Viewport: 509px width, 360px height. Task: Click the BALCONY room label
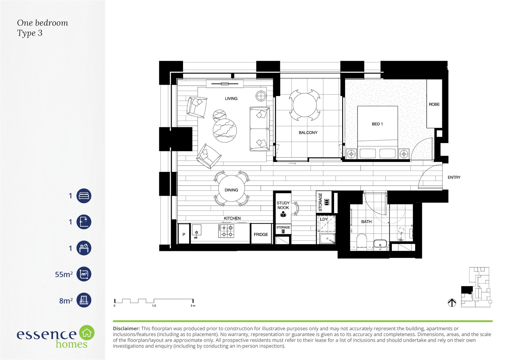[308, 133]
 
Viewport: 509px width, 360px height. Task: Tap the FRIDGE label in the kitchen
[261, 235]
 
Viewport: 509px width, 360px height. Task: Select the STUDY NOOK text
[283, 205]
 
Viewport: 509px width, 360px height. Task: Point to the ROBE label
[434, 105]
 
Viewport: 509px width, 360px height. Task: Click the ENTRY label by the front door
[454, 177]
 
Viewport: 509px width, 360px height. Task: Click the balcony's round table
[305, 105]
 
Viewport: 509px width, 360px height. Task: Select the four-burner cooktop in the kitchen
[226, 231]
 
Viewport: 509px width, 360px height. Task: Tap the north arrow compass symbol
[452, 303]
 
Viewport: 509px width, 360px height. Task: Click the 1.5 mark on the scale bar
[154, 306]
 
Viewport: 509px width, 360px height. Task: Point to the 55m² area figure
[64, 274]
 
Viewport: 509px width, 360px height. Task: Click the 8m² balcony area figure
[66, 300]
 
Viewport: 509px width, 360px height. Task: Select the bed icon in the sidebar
[84, 196]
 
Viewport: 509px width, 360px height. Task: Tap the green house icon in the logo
[87, 333]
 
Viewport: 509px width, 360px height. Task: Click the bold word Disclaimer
[126, 329]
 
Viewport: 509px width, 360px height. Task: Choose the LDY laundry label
[324, 219]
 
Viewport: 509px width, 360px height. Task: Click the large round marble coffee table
[225, 131]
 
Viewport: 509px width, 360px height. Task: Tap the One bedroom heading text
[43, 23]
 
